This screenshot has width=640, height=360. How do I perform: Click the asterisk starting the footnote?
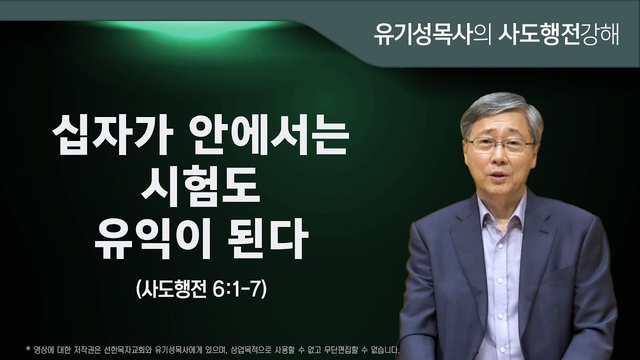(x=27, y=346)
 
